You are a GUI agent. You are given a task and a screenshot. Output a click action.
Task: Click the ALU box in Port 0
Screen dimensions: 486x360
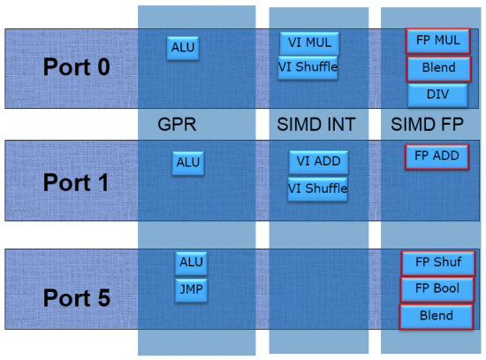(x=183, y=48)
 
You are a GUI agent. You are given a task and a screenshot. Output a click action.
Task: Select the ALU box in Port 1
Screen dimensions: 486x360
(x=188, y=163)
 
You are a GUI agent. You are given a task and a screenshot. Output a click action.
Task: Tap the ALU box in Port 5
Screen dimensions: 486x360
(x=191, y=264)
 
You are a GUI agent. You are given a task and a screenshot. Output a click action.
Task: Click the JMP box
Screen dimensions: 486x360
(x=191, y=290)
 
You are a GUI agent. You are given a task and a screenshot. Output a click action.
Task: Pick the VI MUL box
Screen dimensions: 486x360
(x=309, y=43)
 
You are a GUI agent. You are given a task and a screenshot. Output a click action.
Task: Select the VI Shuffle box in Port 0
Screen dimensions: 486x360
(x=308, y=67)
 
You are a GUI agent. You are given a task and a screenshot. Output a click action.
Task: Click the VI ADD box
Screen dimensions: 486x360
(x=319, y=162)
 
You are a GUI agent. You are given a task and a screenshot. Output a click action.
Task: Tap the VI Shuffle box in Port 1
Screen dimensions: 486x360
(x=318, y=189)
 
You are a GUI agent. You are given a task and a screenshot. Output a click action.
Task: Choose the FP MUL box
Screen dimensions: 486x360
(x=438, y=41)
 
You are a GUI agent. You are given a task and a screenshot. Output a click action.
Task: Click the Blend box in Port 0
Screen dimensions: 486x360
(x=439, y=69)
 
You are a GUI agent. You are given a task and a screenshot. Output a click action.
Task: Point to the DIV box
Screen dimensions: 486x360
(x=437, y=95)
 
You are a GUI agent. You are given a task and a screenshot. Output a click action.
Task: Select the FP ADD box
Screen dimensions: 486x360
(x=437, y=157)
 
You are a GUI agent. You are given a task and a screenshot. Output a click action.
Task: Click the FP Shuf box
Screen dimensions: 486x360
(x=438, y=264)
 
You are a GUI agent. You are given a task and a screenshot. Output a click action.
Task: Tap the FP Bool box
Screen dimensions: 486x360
(x=437, y=289)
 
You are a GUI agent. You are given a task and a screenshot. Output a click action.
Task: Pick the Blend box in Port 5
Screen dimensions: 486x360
(x=437, y=317)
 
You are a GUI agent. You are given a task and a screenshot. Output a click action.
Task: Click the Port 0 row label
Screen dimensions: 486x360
(x=77, y=67)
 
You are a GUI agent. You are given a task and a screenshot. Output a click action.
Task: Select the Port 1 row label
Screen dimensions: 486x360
(x=76, y=182)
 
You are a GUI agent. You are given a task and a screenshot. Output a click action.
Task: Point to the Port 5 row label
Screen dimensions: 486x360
(x=77, y=298)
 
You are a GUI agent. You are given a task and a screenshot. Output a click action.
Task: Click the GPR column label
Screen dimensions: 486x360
(x=177, y=125)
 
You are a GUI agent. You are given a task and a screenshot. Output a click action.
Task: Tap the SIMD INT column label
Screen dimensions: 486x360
(x=316, y=125)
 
